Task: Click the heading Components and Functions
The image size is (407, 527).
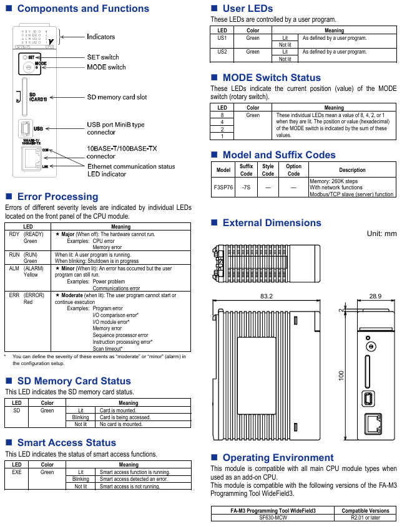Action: (x=83, y=9)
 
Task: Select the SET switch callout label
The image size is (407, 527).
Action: (x=102, y=57)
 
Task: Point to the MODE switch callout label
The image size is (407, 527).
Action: (x=106, y=67)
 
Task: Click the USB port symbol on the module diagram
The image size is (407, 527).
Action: (x=25, y=128)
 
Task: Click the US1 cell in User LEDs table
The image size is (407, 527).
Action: (x=222, y=38)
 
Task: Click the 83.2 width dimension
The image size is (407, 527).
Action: (x=267, y=295)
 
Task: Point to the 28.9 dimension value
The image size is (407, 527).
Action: (x=375, y=295)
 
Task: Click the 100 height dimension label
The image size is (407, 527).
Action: (x=341, y=376)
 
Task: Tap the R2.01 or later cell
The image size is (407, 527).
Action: (x=365, y=518)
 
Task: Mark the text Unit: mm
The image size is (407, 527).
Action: (x=381, y=234)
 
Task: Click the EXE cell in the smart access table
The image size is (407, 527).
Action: (x=17, y=472)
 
